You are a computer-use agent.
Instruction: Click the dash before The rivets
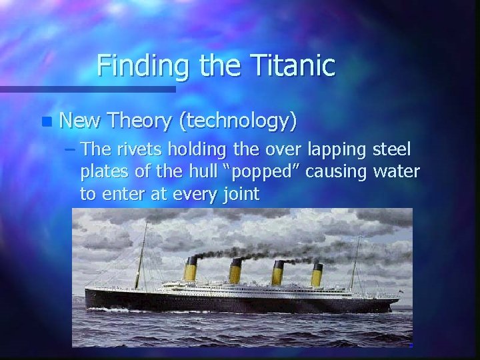(71, 151)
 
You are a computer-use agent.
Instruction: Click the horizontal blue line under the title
(87, 89)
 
